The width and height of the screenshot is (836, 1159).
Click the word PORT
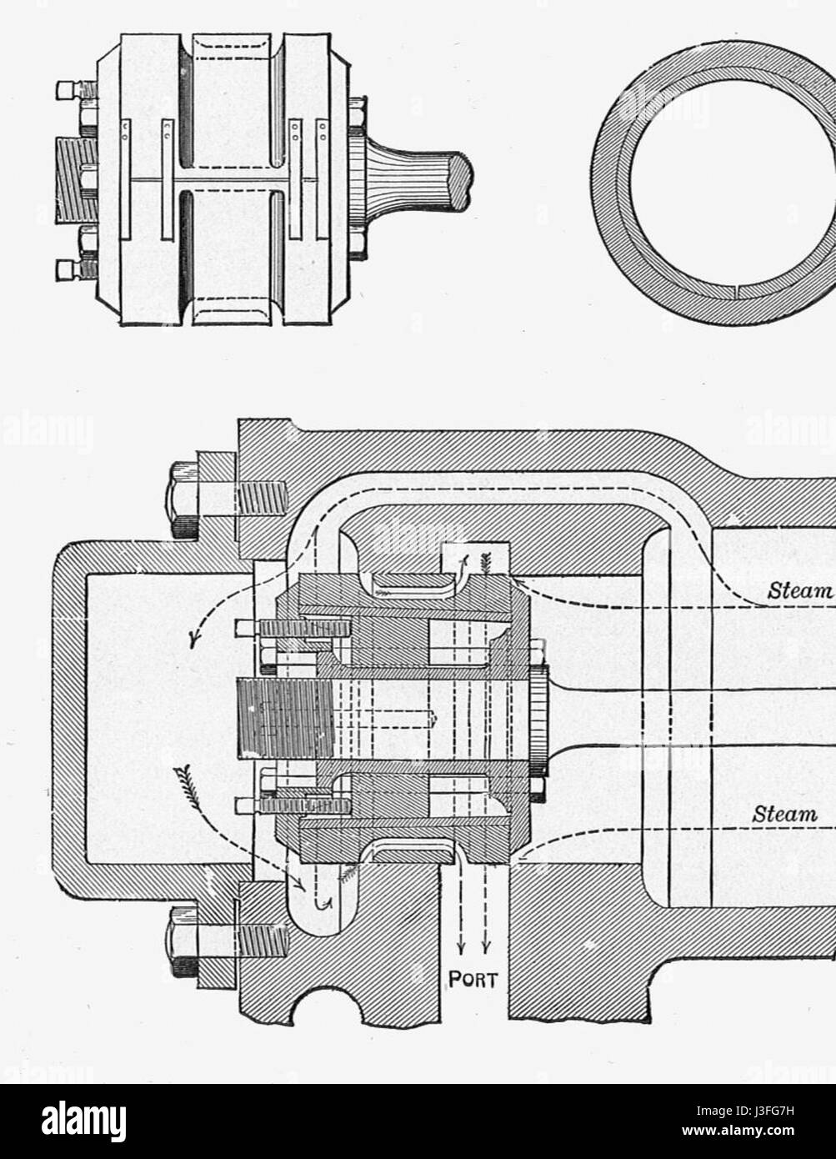[x=473, y=978]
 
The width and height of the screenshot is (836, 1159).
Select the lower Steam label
[x=784, y=814]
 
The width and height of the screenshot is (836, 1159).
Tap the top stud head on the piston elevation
[x=67, y=90]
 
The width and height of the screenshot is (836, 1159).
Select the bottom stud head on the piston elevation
[x=67, y=270]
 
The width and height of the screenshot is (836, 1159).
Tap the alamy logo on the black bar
[x=84, y=1121]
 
